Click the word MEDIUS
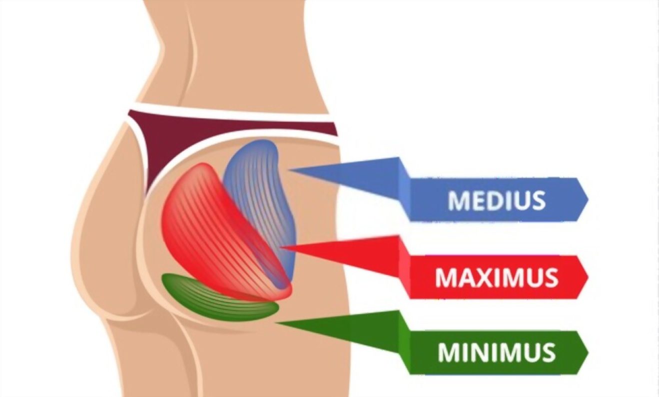[497, 200]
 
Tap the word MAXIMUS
[497, 277]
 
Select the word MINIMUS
[497, 352]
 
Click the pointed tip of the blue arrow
[289, 169]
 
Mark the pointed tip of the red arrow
[281, 247]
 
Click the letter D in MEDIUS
[496, 200]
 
